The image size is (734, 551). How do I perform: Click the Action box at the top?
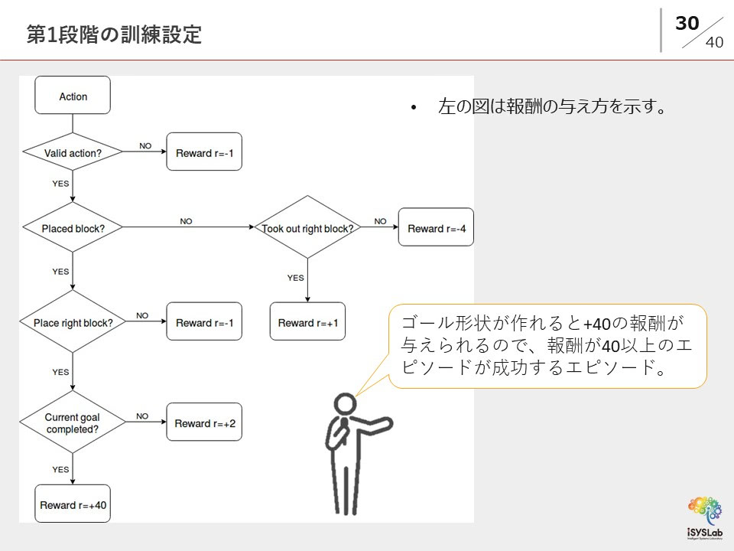tap(73, 96)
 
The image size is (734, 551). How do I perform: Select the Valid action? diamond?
tap(73, 153)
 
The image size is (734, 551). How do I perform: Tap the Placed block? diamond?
tap(73, 228)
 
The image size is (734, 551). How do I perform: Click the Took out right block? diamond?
tap(307, 228)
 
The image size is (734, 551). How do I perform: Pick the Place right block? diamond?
tap(73, 323)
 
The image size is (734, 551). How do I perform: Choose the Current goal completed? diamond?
tap(73, 423)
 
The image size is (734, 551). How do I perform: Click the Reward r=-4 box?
tap(436, 228)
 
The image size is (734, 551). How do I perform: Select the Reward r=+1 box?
tap(307, 322)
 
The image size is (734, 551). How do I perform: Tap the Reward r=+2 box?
tap(204, 423)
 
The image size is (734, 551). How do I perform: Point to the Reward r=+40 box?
tap(73, 505)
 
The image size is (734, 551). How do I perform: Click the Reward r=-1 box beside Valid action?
tap(204, 153)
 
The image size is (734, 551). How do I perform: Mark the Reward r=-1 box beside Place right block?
tap(204, 323)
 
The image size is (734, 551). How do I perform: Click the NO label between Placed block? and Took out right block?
tap(186, 221)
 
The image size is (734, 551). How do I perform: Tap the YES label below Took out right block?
tap(295, 278)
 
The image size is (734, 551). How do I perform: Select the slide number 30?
tap(687, 24)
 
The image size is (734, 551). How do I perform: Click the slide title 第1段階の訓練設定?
tap(114, 34)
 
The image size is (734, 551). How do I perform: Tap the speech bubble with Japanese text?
tap(547, 345)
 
